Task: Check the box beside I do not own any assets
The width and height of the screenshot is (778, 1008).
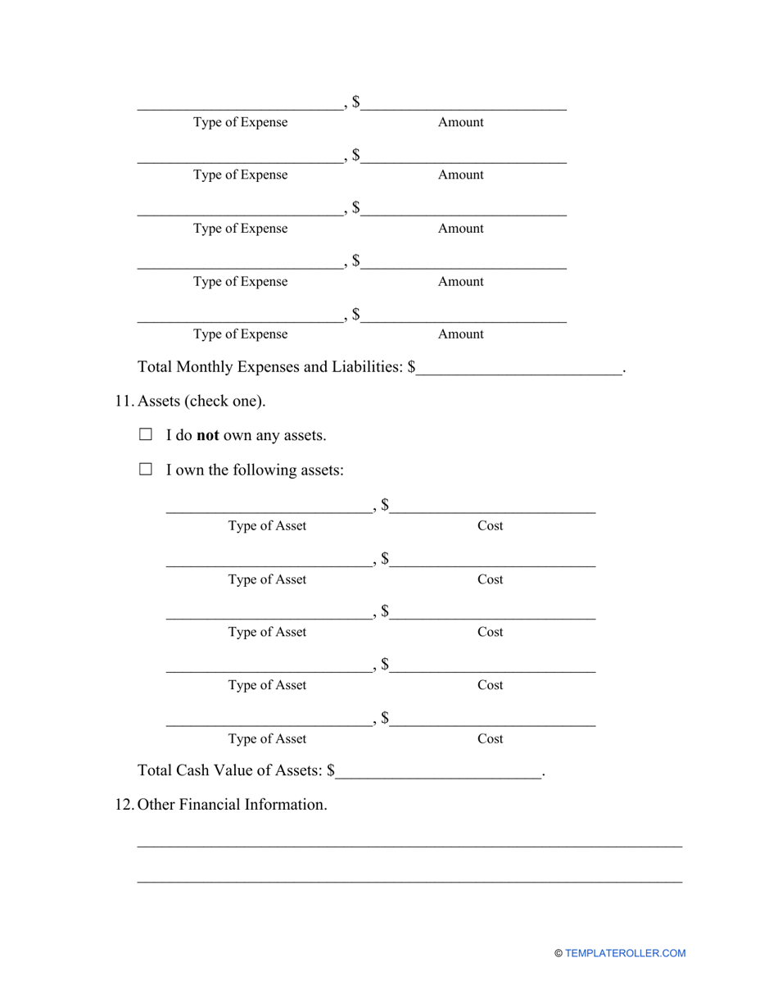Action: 146,435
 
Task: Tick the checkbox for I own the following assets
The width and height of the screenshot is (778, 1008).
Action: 146,470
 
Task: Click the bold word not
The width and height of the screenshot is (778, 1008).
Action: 207,435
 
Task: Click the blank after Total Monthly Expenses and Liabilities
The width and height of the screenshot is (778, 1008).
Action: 519,369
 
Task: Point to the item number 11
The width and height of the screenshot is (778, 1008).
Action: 124,402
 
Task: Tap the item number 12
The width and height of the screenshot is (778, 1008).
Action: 124,805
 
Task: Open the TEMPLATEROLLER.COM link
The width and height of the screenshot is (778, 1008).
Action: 625,953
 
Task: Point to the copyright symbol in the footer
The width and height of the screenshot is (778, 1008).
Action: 559,953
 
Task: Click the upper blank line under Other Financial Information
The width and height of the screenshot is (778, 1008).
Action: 409,844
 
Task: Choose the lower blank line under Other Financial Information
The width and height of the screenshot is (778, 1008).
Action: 409,881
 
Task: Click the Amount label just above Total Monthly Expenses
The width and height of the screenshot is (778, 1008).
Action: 460,334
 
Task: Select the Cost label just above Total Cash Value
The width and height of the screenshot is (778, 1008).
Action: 490,738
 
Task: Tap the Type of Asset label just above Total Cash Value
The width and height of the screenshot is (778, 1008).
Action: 267,738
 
